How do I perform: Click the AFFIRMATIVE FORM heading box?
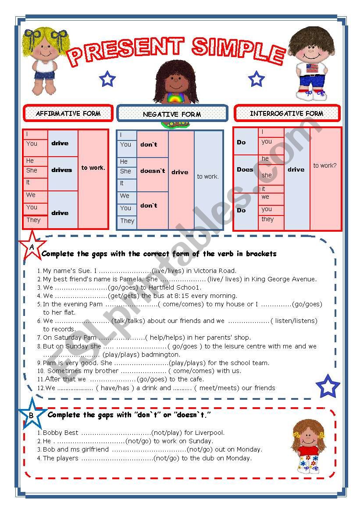(68, 113)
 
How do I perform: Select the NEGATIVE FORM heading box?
(172, 114)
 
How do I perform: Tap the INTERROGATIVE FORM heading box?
(287, 113)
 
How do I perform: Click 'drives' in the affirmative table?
(62, 170)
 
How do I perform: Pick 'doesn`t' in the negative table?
(153, 171)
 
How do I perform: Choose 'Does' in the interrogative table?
(245, 169)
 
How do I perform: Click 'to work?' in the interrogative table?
(325, 165)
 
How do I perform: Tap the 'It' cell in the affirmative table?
(29, 182)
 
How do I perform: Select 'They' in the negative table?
(127, 221)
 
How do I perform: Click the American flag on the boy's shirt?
(312, 68)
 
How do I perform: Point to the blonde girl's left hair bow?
(30, 35)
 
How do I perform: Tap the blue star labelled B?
(31, 414)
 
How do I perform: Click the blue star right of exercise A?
(328, 386)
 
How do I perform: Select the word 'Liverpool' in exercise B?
(210, 432)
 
